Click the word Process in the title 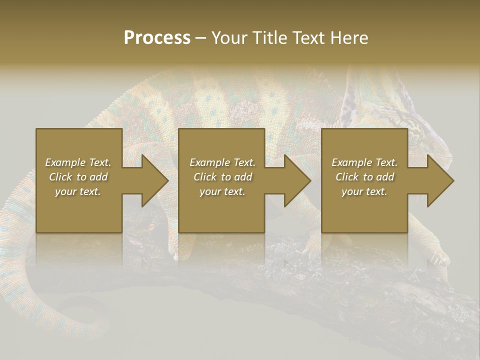tap(157, 38)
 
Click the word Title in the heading tap(269, 38)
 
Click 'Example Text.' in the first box tap(78, 162)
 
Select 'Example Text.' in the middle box tap(222, 162)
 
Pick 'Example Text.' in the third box tap(364, 162)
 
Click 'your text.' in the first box tap(78, 191)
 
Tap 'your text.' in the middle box tap(222, 191)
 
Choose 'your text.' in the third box tap(364, 191)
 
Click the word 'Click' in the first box tap(60, 177)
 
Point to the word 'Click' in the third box tap(347, 177)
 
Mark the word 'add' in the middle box tap(243, 177)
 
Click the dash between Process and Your tap(200, 38)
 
